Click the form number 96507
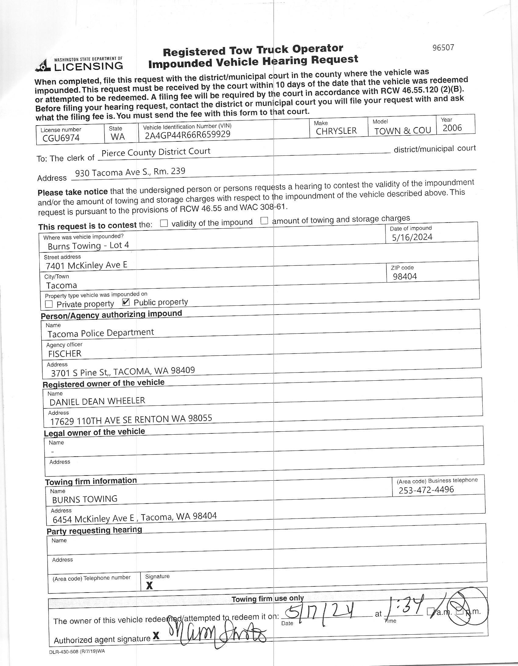pyautogui.click(x=443, y=48)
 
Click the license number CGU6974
pyautogui.click(x=61, y=138)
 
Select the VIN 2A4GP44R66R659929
pyautogui.click(x=187, y=134)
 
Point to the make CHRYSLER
pyautogui.click(x=336, y=131)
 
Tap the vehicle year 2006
pyautogui.click(x=452, y=128)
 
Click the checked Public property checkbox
pyautogui.click(x=126, y=302)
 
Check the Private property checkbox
pyautogui.click(x=49, y=304)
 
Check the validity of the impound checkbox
pyautogui.click(x=164, y=223)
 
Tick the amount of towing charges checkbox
pyautogui.click(x=264, y=221)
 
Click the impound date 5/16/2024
pyautogui.click(x=412, y=237)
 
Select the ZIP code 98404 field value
pyautogui.click(x=405, y=276)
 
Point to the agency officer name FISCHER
pyautogui.click(x=65, y=354)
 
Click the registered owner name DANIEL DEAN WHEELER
pyautogui.click(x=97, y=401)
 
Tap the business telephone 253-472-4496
pyautogui.click(x=426, y=490)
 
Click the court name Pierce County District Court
pyautogui.click(x=156, y=152)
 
